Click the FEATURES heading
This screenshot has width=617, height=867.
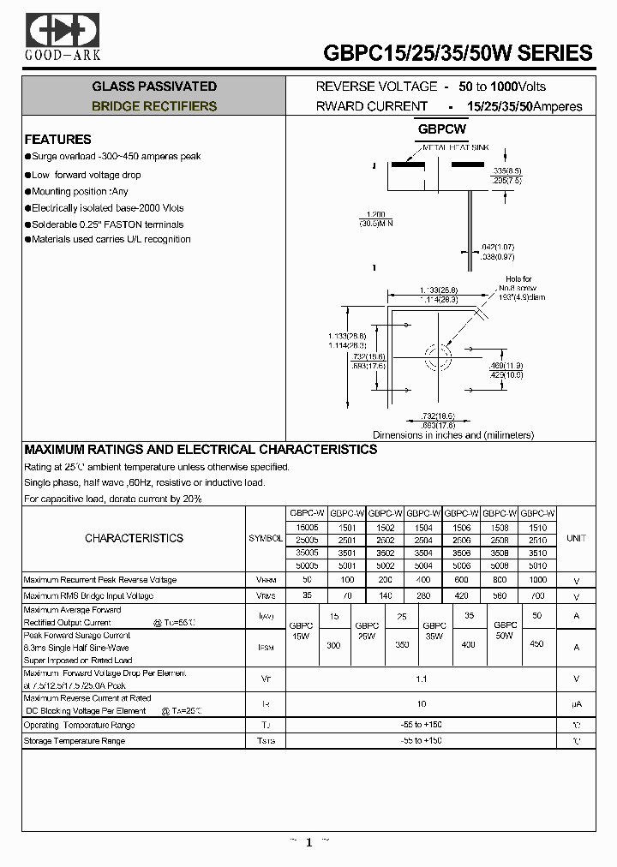coord(57,139)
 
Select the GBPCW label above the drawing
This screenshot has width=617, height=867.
coord(442,129)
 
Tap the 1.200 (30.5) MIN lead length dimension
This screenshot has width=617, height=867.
coord(374,218)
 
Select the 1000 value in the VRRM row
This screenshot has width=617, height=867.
coord(539,580)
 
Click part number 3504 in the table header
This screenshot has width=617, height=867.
coord(422,553)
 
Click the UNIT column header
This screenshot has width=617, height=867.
coord(577,539)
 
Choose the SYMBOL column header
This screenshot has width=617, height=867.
coord(266,539)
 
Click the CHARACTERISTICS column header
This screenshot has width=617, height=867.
coord(134,539)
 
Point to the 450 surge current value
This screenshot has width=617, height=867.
coord(537,643)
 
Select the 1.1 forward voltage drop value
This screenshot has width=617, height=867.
coord(420,679)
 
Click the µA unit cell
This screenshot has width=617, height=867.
coord(577,703)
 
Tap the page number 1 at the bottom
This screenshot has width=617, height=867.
coord(308,843)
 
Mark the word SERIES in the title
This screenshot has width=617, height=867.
coord(555,53)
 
